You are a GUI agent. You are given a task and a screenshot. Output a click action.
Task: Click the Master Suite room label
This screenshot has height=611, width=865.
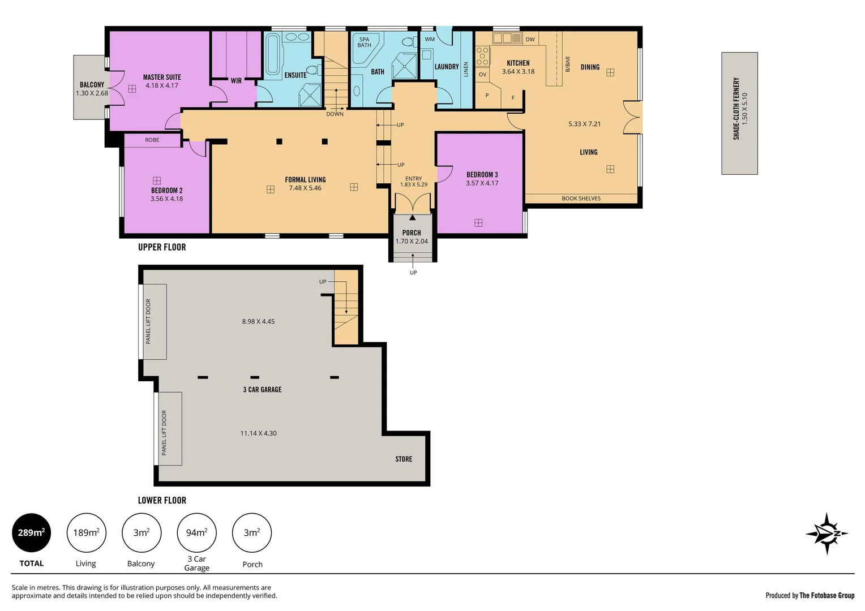click(x=162, y=77)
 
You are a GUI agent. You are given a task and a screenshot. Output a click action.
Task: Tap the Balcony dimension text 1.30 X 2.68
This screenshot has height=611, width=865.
click(x=92, y=93)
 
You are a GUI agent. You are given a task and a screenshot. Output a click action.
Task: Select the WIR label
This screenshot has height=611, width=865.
click(x=236, y=81)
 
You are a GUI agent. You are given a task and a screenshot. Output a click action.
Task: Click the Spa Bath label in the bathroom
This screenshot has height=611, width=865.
click(x=364, y=42)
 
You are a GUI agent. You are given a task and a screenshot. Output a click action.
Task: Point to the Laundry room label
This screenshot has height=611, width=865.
click(x=446, y=67)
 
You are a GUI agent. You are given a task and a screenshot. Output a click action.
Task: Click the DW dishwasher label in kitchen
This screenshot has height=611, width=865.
click(x=530, y=40)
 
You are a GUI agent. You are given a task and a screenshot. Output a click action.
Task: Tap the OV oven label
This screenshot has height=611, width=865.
click(x=482, y=75)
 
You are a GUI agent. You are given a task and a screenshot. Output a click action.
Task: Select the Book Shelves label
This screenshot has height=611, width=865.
click(x=581, y=199)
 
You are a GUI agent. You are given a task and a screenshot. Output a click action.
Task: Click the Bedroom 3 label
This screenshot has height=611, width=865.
click(x=482, y=175)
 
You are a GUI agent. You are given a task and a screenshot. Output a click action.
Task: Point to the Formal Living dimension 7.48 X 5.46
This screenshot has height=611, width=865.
click(x=305, y=188)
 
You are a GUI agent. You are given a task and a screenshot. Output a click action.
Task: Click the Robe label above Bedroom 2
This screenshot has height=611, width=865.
click(x=152, y=140)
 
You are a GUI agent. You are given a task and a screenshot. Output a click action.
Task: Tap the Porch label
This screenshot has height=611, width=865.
click(x=412, y=233)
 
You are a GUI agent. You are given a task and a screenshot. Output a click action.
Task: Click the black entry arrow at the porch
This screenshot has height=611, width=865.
click(x=413, y=217)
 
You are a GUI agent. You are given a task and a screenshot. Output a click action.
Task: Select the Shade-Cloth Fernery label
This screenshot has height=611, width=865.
click(x=736, y=109)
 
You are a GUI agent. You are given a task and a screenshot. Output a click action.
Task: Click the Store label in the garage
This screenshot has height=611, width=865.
click(x=404, y=459)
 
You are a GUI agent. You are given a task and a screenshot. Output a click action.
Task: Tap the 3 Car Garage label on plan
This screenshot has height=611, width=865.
click(x=262, y=390)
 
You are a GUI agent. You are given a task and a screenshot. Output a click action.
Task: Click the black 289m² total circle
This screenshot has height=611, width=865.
click(x=31, y=533)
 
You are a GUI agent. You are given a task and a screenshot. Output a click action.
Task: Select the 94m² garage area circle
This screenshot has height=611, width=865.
click(x=196, y=533)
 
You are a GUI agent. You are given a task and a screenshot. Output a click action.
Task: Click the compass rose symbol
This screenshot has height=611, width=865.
click(x=827, y=533)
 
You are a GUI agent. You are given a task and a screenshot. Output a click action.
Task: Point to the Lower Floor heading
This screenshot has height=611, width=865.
click(x=162, y=500)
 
